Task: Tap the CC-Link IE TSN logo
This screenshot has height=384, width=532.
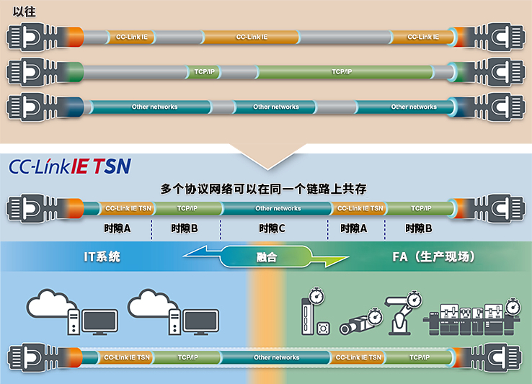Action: pyautogui.click(x=70, y=166)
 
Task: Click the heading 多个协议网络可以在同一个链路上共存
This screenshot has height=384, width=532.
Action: pyautogui.click(x=264, y=189)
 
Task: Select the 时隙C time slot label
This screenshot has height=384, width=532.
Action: pyautogui.click(x=272, y=228)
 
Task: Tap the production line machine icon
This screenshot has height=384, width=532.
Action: pyautogui.click(x=473, y=321)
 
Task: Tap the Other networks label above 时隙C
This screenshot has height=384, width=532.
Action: pyautogui.click(x=278, y=209)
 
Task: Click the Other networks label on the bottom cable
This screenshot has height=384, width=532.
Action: pyautogui.click(x=276, y=357)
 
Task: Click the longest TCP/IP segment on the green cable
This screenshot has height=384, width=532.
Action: pyautogui.click(x=342, y=72)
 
